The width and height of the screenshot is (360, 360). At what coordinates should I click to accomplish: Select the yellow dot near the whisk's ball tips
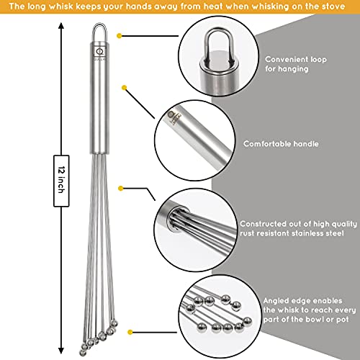click(x=130, y=332)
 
